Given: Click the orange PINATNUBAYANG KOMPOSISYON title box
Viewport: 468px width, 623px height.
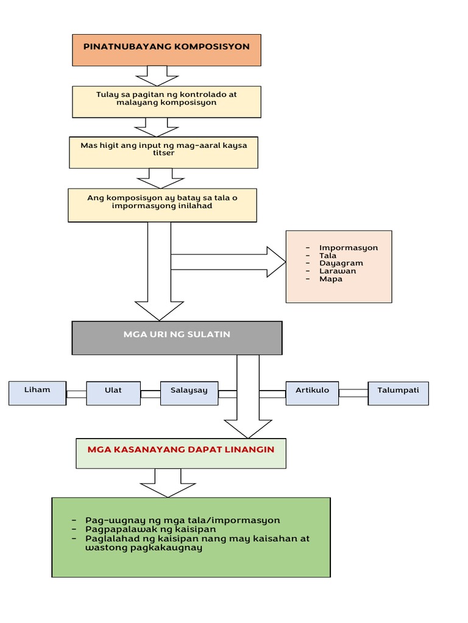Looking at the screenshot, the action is [x=166, y=50].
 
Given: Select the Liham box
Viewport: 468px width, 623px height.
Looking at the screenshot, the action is [x=37, y=394].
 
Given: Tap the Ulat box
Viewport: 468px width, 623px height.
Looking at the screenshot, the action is [x=113, y=394].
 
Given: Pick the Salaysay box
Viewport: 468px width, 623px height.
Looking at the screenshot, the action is [x=189, y=394].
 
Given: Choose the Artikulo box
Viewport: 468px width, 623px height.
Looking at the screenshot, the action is [x=312, y=394].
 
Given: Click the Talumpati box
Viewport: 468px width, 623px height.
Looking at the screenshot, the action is [x=398, y=394].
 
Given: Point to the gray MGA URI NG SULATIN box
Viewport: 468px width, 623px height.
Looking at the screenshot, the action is [x=177, y=338].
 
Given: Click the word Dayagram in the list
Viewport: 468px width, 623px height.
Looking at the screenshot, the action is [x=341, y=263].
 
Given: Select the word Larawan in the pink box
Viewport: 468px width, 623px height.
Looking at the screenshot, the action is [x=338, y=271].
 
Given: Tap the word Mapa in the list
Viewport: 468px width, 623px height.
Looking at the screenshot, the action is [x=331, y=279].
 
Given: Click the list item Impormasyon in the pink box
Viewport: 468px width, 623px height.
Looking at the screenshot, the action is [x=348, y=248].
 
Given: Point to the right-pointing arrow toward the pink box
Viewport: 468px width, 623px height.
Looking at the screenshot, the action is [x=229, y=262].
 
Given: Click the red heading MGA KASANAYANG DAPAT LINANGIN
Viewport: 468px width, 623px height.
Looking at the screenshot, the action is [x=181, y=450].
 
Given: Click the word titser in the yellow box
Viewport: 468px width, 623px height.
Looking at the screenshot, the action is [x=163, y=153].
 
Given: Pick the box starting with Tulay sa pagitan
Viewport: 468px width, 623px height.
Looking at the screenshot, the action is [x=166, y=102].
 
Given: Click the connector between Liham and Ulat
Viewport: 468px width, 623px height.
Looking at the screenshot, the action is [x=76, y=394].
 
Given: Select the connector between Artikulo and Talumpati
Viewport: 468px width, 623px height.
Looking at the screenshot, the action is [x=353, y=393].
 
